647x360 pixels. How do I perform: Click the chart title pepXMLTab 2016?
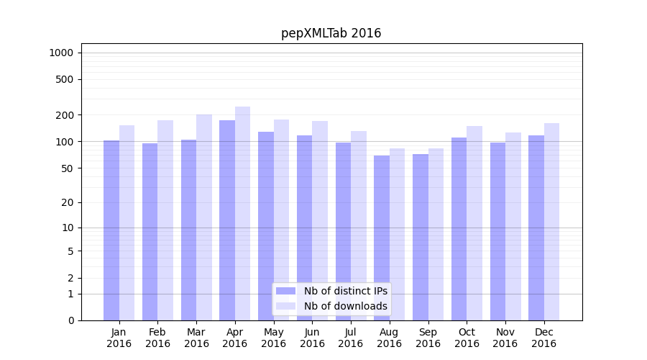point(331,33)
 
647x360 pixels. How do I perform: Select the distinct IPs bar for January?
point(111,230)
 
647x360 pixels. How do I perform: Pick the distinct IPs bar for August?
point(382,238)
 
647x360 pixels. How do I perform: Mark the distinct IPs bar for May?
point(266,226)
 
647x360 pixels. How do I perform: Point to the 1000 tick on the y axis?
point(61,53)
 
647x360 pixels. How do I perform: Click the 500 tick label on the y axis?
point(64,79)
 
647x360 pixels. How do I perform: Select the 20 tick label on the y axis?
point(67,202)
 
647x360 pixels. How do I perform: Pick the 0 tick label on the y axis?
point(70,320)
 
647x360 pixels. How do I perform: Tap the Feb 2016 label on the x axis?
point(158,338)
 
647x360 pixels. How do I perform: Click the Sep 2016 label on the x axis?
point(428,338)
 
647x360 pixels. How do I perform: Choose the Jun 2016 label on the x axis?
point(312,338)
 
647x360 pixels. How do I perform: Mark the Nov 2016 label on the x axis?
point(505,338)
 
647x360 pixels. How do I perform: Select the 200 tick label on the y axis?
point(64,115)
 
